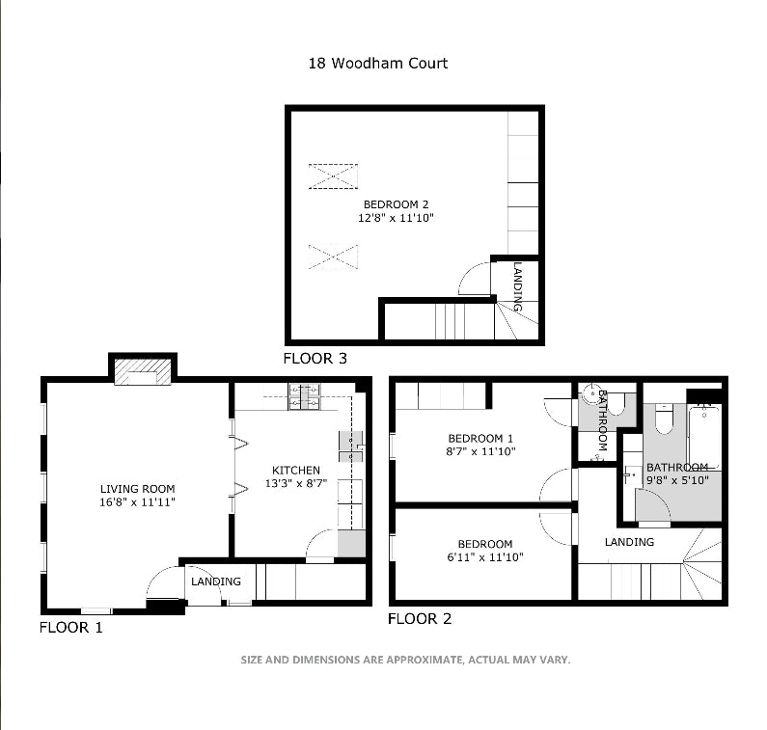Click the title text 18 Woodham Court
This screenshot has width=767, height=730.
click(x=377, y=64)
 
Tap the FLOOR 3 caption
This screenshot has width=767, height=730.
click(x=315, y=359)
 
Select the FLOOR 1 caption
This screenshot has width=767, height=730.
click(x=70, y=627)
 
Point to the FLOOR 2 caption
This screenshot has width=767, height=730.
click(x=419, y=619)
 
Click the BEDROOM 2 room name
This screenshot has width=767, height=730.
click(x=396, y=204)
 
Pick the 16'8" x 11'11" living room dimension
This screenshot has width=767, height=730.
click(x=138, y=502)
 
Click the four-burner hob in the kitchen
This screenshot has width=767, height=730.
click(x=310, y=396)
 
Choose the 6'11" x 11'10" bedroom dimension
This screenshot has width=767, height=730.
click(x=484, y=557)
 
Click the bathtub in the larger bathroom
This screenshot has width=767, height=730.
click(x=703, y=436)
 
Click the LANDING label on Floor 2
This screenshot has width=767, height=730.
click(x=629, y=542)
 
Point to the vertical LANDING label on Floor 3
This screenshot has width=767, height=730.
click(x=518, y=286)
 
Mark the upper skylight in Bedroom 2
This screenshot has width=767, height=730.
click(x=333, y=176)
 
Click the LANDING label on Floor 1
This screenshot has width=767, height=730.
click(x=215, y=581)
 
